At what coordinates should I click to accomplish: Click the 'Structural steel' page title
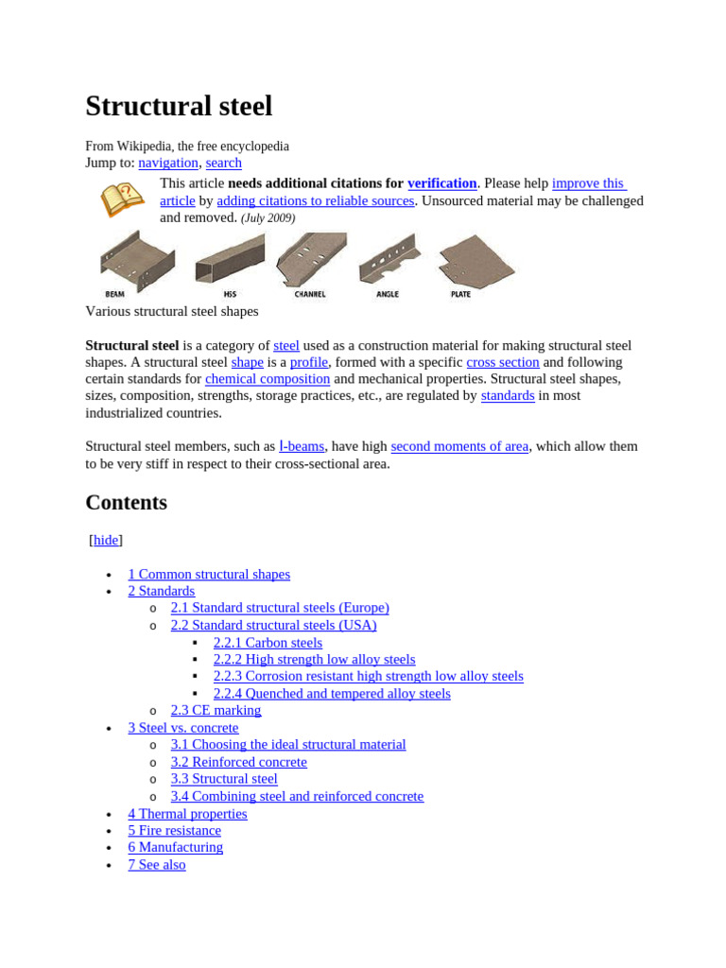(x=179, y=106)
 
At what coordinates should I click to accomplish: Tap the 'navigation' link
(x=168, y=163)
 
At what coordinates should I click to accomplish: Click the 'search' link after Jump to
(x=223, y=163)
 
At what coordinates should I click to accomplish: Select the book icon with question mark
(x=123, y=199)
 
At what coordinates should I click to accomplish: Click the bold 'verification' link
(x=441, y=183)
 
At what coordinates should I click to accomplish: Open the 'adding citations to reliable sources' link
(x=315, y=200)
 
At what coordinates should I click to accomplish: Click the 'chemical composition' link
(x=268, y=379)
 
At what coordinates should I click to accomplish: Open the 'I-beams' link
(x=302, y=446)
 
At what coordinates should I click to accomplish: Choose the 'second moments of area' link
(x=459, y=446)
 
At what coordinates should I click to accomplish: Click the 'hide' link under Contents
(x=106, y=540)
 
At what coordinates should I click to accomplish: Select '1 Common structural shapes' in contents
(x=209, y=574)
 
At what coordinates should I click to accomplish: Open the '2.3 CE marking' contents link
(x=216, y=710)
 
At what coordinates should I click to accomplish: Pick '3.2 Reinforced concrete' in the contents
(x=238, y=762)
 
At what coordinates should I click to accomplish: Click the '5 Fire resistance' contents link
(x=174, y=830)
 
